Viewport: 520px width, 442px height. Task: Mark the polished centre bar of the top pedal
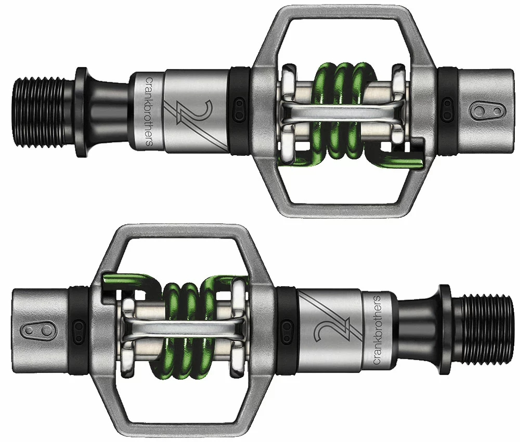pyautogui.click(x=343, y=112)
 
